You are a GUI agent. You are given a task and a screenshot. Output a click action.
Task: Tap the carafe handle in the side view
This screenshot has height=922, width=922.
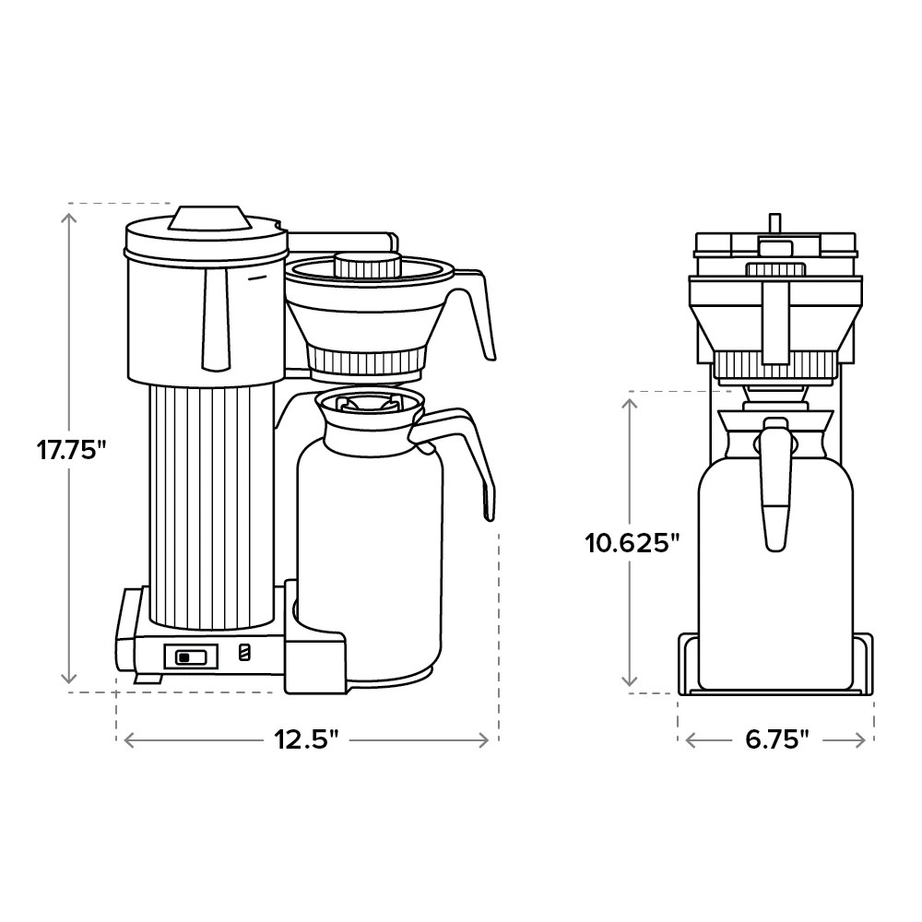pyautogui.click(x=461, y=452)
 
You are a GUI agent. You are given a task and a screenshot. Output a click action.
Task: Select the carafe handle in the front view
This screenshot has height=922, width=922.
pyautogui.click(x=775, y=484)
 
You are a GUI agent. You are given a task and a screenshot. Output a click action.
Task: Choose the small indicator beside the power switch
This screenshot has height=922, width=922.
pyautogui.click(x=244, y=653)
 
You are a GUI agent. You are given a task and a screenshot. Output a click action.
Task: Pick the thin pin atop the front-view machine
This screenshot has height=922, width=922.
pyautogui.click(x=775, y=222)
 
